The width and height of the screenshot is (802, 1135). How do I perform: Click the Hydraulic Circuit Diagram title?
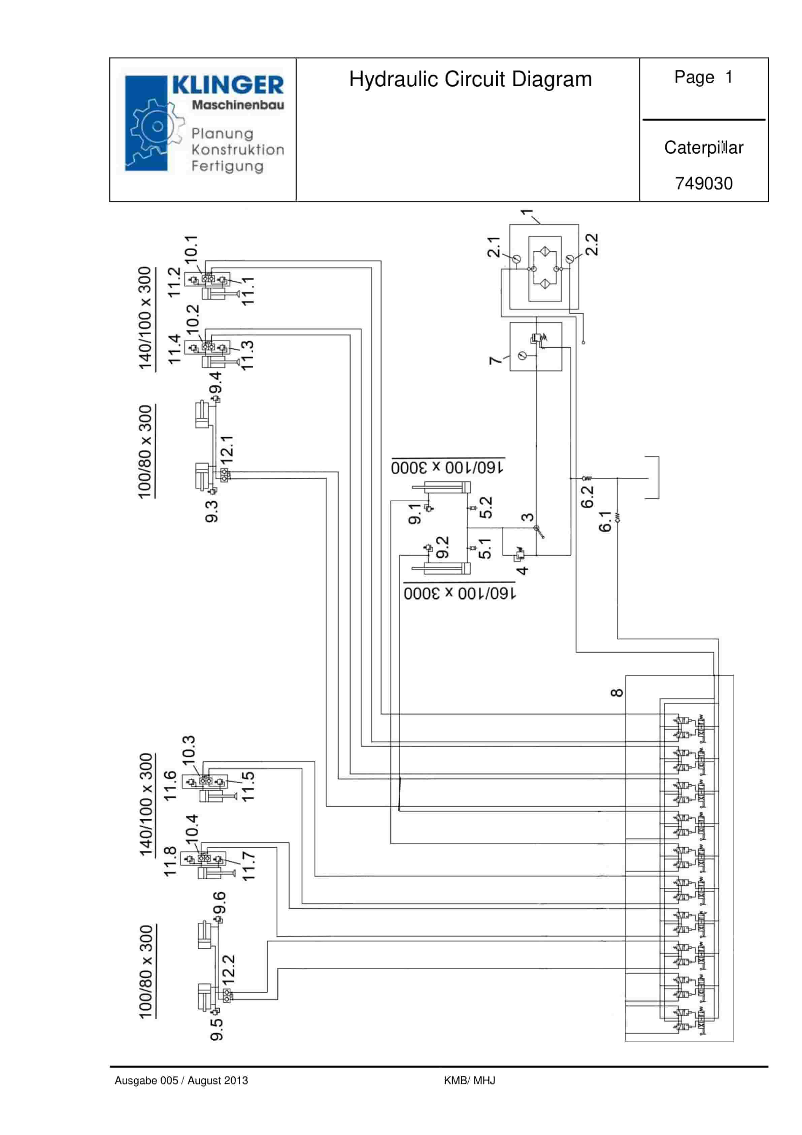tap(470, 80)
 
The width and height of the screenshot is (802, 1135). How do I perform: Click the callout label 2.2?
tap(592, 245)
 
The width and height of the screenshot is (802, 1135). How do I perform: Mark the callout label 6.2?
tap(587, 497)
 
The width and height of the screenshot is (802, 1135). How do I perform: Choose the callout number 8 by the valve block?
tap(617, 693)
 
